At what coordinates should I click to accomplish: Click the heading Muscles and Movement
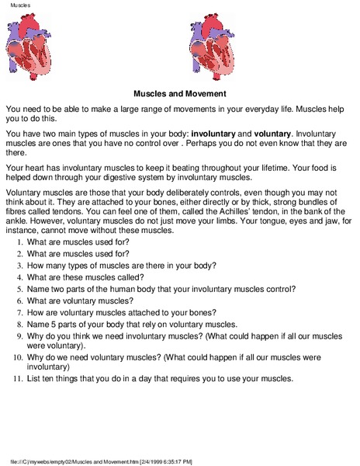[x=179, y=91]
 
